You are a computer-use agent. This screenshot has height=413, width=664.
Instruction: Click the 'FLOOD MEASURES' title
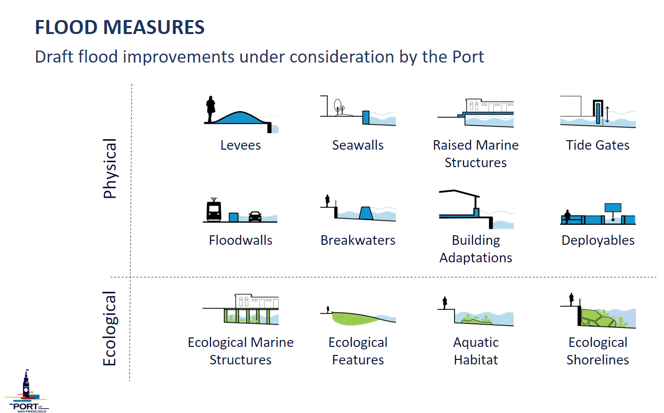point(120,27)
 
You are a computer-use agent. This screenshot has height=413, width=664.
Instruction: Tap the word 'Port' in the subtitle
point(468,57)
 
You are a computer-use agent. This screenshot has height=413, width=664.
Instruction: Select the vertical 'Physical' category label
point(110,169)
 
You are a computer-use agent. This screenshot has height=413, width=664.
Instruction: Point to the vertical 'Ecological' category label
point(110,328)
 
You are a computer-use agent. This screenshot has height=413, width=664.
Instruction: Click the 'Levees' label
point(241,145)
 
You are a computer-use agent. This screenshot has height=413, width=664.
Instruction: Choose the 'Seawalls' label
point(358,145)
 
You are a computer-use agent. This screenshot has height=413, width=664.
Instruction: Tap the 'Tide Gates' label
point(597,145)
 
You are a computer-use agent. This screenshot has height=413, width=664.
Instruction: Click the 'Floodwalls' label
point(241,240)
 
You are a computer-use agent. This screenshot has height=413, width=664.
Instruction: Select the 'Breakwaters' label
point(358,240)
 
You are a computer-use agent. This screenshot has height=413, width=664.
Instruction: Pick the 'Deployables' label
point(598,241)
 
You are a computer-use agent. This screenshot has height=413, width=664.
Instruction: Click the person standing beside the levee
point(210,109)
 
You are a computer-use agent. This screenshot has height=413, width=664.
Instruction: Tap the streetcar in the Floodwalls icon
point(213,210)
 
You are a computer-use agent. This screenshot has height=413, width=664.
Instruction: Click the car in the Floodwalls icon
point(255,216)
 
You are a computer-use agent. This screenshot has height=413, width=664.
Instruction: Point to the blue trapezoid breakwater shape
point(366,213)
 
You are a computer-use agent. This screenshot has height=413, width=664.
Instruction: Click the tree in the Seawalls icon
point(338,107)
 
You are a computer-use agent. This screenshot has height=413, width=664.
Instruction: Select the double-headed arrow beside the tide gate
point(607,115)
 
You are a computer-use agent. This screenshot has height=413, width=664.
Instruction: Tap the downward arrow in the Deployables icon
point(613,217)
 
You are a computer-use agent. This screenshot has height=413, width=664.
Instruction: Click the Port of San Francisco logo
point(27,391)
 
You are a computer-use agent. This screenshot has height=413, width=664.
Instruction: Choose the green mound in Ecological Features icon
point(355,318)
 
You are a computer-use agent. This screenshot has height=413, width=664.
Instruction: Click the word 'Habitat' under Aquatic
point(476,360)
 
